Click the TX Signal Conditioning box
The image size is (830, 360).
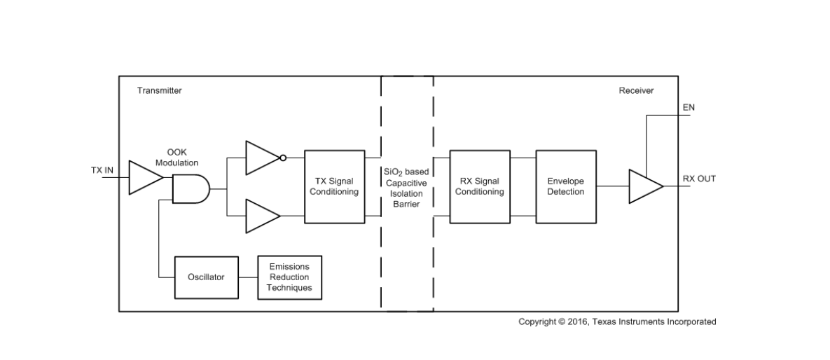(x=334, y=186)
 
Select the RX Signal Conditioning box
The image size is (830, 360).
(x=480, y=186)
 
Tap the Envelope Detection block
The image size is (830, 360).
(x=566, y=186)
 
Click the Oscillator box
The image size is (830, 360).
(x=206, y=277)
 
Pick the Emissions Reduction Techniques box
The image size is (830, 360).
(x=290, y=277)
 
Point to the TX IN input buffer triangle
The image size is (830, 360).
(x=144, y=178)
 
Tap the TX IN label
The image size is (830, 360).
(x=103, y=171)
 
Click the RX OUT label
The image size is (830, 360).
(x=699, y=179)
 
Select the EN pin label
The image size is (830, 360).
(x=689, y=107)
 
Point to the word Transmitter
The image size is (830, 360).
(x=160, y=90)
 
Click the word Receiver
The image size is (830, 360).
(x=636, y=90)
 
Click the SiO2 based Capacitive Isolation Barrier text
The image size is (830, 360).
(x=407, y=188)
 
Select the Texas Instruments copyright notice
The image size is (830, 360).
(x=617, y=322)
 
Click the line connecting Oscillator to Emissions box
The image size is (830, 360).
(x=248, y=277)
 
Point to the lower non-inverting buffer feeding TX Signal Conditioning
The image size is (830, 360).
(x=261, y=215)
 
